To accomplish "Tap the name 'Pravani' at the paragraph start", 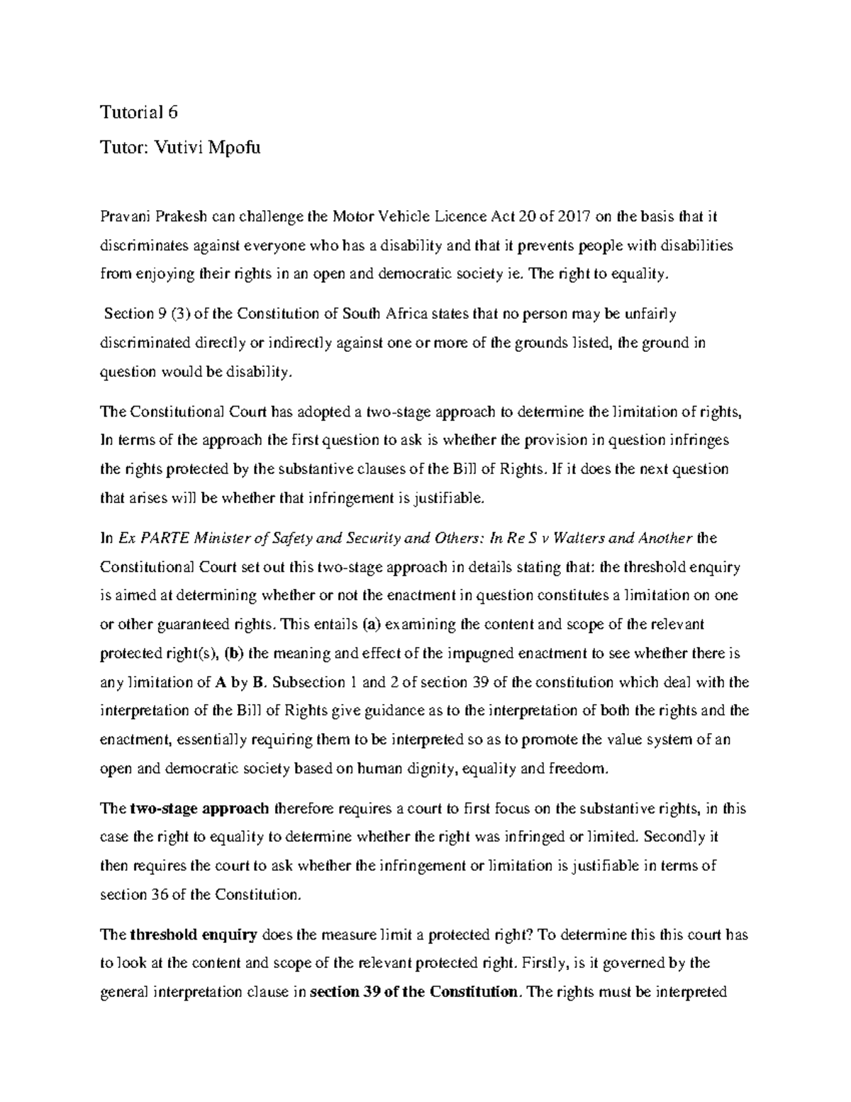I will tap(125, 216).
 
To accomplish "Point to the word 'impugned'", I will tap(488, 654).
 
